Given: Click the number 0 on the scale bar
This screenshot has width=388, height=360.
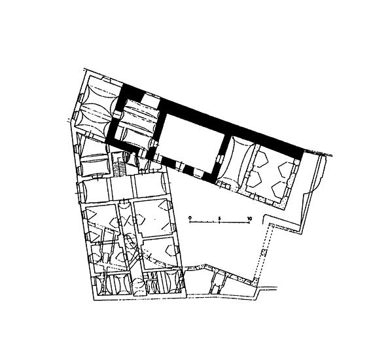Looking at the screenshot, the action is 190,218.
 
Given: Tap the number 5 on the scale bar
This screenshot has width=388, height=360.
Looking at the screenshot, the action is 219,218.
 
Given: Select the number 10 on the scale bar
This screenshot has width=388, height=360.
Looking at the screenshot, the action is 249,218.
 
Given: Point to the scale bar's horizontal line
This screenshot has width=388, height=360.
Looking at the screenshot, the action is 219,223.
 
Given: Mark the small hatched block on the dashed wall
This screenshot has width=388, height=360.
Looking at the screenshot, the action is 264,253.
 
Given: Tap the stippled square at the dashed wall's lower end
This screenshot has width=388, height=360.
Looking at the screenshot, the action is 256,281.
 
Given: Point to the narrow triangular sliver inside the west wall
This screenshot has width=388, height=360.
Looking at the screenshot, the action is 79,143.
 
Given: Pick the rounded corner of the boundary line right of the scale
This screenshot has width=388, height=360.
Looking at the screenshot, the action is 265,217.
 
